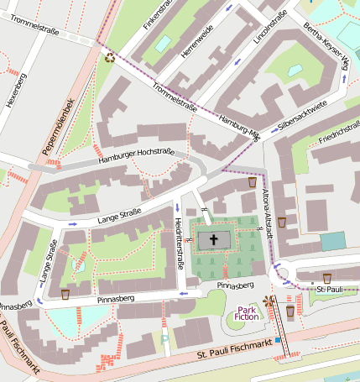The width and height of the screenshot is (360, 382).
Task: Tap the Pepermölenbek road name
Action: click(59, 128)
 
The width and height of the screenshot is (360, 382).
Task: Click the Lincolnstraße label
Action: click(270, 28)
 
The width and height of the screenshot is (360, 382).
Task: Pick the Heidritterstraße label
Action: click(179, 240)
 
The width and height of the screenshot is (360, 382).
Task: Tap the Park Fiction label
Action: click(247, 312)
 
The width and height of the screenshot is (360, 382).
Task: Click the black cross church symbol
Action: click(213, 240)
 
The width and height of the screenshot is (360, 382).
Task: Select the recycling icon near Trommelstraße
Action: click(109, 57)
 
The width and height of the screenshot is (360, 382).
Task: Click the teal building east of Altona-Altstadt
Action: click(333, 242)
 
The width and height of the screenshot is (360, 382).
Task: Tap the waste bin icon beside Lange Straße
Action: click(65, 294)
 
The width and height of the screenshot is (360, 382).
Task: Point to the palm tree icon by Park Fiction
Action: click(268, 300)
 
